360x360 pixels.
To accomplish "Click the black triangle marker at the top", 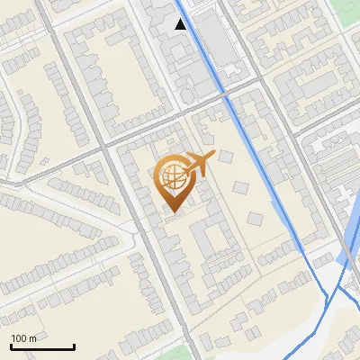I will point(182,24).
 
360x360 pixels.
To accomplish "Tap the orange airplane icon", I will point(200,163).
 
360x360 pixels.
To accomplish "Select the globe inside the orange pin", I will point(173,177).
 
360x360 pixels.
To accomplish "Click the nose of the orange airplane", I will point(213,155).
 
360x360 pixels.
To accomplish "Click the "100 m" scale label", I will point(24,338).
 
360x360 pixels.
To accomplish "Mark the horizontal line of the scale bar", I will point(42,346).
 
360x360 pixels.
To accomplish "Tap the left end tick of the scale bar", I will point(11,345).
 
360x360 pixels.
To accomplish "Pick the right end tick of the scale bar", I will point(74,345).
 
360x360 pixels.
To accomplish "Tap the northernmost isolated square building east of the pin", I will point(221,157).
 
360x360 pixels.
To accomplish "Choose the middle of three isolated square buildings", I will point(240,189).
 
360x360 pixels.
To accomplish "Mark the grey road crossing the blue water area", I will point(346,245).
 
